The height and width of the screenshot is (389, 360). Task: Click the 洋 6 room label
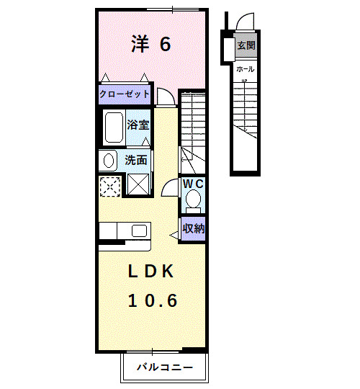click(150, 45)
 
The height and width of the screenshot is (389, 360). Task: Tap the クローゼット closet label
click(124, 94)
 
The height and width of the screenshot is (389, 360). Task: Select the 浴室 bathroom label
click(138, 125)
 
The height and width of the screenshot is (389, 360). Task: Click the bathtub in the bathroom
click(114, 128)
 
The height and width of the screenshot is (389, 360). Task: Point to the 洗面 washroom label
click(136, 160)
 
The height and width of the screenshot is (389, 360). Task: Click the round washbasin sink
click(109, 160)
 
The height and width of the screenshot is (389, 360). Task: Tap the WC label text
click(193, 184)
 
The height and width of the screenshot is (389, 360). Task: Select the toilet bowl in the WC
click(193, 200)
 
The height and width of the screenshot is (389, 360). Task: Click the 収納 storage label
click(193, 229)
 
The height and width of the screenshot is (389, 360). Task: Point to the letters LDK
click(152, 272)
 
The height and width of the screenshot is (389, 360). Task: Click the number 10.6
click(152, 300)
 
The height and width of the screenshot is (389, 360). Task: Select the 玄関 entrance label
click(246, 45)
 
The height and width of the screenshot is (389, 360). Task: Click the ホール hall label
click(245, 68)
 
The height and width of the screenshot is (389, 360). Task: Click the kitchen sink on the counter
click(139, 231)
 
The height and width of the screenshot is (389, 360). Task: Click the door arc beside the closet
click(165, 96)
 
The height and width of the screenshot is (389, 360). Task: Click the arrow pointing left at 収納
click(174, 233)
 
